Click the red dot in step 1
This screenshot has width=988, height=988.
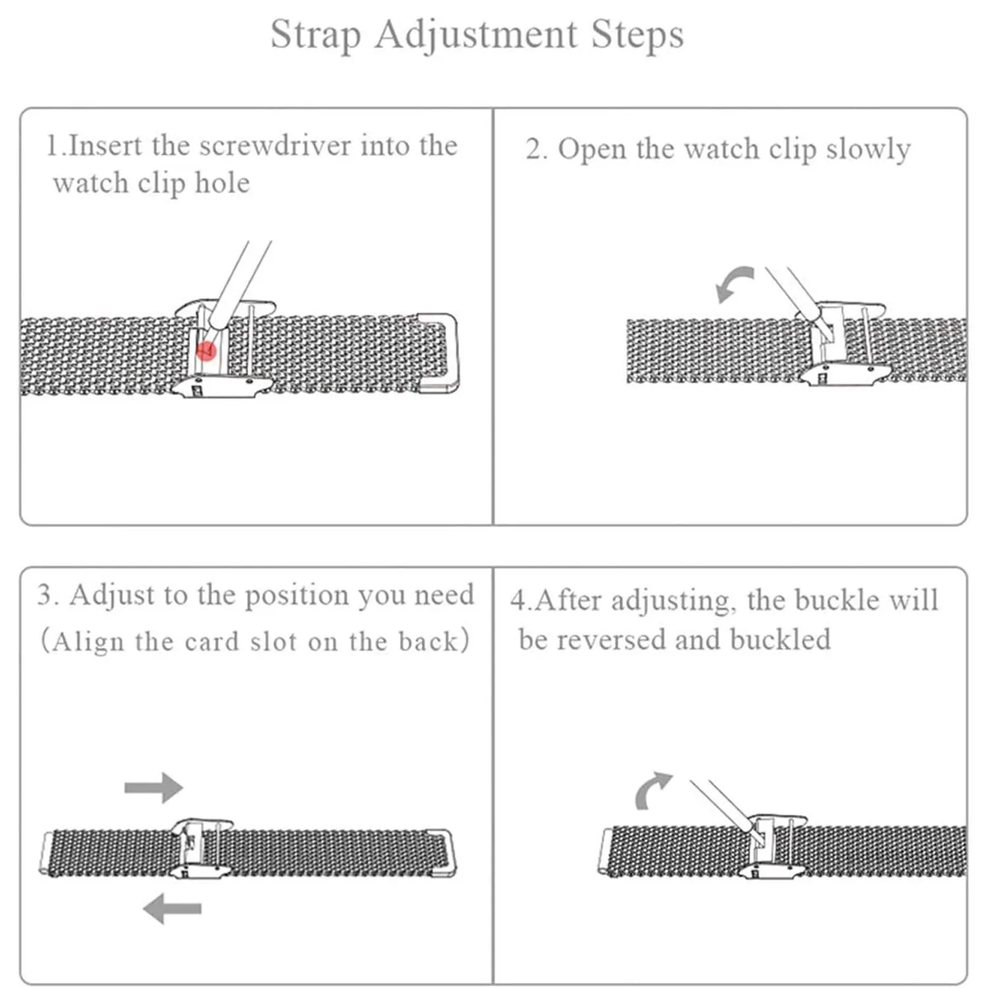(x=207, y=351)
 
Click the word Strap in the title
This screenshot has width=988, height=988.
(x=316, y=36)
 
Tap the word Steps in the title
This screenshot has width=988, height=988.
(x=637, y=34)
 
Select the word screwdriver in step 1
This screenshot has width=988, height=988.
(x=275, y=146)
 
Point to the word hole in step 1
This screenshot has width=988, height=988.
(x=222, y=183)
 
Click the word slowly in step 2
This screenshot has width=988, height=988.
(x=867, y=150)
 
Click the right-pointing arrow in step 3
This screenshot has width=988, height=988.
(x=153, y=787)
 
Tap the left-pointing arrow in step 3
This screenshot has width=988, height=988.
(x=172, y=909)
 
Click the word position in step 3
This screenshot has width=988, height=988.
(x=297, y=596)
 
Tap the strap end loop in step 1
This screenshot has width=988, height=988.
(x=438, y=353)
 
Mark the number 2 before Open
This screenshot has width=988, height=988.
(x=535, y=150)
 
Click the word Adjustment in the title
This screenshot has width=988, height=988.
(x=476, y=36)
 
